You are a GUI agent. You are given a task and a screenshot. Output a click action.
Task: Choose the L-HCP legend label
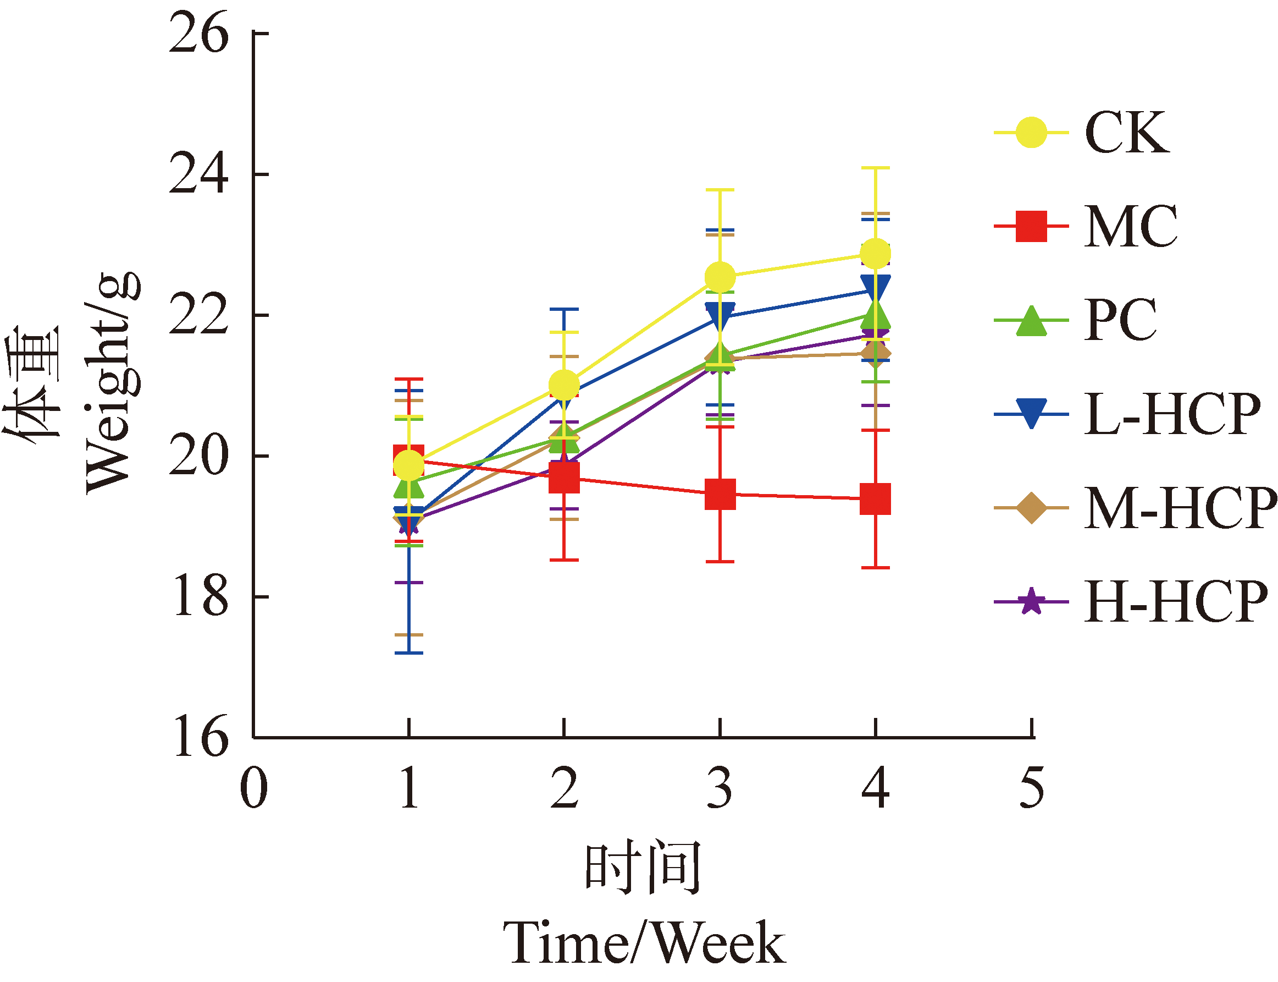click(x=1172, y=414)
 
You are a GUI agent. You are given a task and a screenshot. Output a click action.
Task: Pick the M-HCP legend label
click(x=1180, y=508)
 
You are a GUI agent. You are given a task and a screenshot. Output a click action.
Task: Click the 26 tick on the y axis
click(x=198, y=34)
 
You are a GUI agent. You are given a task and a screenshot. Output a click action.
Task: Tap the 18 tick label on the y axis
click(x=198, y=597)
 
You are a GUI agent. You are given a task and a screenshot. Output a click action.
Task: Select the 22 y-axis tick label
click(x=198, y=316)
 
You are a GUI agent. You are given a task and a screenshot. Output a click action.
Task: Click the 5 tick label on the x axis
click(x=1032, y=789)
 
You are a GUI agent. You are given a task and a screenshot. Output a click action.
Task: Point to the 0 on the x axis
click(x=254, y=789)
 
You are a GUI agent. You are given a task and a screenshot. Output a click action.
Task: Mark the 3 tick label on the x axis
click(x=720, y=789)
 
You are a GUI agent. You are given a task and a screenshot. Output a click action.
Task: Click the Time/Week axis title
click(x=644, y=943)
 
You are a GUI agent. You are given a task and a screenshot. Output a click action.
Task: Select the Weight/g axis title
click(x=111, y=383)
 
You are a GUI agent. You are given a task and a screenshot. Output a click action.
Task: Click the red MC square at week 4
click(x=875, y=498)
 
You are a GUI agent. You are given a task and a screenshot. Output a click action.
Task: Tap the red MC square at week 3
click(x=720, y=495)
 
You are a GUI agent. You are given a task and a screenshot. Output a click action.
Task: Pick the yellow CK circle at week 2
click(x=564, y=385)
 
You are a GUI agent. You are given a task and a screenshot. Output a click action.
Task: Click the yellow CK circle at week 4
click(x=875, y=253)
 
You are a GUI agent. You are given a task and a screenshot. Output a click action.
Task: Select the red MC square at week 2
click(x=564, y=478)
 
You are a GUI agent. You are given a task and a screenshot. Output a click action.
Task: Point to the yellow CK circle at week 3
click(x=720, y=277)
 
